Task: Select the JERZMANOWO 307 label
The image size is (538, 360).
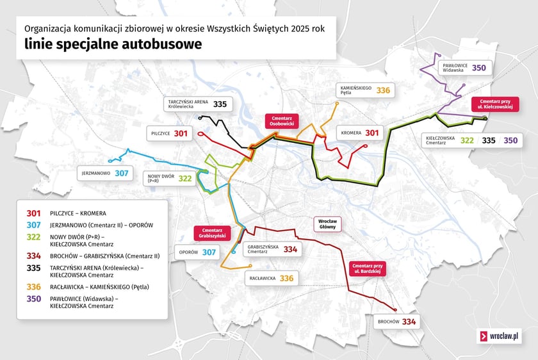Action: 105,173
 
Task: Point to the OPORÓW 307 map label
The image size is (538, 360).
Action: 198,252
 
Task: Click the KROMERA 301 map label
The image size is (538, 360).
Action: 360,133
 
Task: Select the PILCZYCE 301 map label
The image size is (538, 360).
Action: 170,133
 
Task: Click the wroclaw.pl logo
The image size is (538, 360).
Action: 499,336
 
